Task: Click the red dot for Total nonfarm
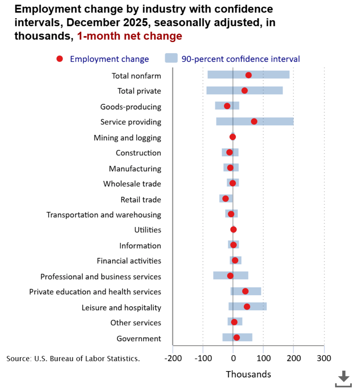coord(248,75)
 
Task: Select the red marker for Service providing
coord(254,121)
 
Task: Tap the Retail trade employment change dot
coord(225,199)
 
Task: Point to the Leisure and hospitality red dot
coord(247,307)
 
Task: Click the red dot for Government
coord(236,338)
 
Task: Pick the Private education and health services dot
coord(245,291)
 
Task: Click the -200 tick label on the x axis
coord(173,358)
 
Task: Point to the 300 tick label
coord(324,358)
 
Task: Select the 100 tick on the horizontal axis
coord(263,358)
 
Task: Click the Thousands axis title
coord(248,374)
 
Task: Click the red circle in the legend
coord(59,59)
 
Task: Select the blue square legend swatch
coord(171,58)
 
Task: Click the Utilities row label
coord(148,230)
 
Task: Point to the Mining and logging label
coord(127,138)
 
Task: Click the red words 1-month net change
coord(129,36)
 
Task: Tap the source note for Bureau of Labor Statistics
coord(73,359)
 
